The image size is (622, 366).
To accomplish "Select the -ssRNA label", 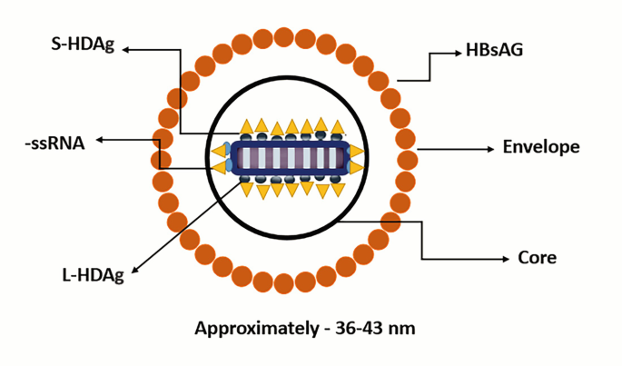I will pos(55,141).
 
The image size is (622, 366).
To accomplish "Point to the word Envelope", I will pos(540,147).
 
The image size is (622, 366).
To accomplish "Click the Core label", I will pos(537,258).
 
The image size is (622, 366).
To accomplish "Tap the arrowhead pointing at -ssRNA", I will pos(100,140).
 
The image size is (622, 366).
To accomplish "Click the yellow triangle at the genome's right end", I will pos(357,152).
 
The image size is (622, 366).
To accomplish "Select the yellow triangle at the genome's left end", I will pos(218,151).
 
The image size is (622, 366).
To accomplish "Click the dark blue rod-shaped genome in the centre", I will pos(289,157).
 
